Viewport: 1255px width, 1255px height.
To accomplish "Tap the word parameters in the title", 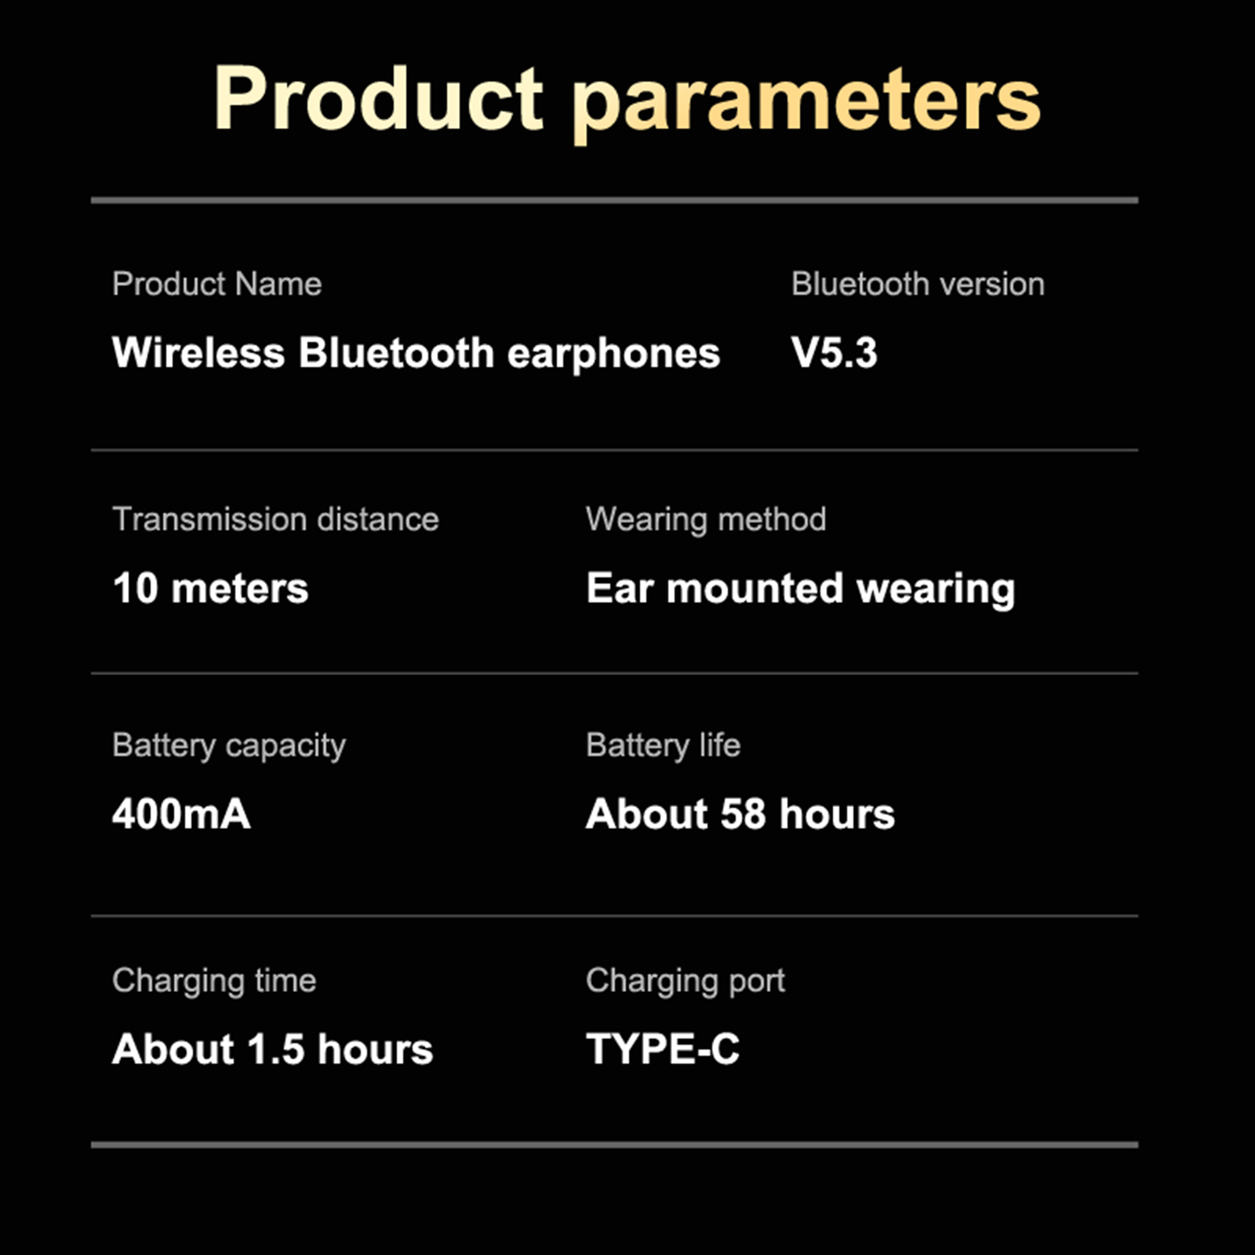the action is pos(806,105).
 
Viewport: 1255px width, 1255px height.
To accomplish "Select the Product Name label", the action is pos(216,284).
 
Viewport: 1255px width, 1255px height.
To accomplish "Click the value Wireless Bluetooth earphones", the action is pos(416,354).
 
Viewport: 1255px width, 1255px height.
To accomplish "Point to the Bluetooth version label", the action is pos(918,284).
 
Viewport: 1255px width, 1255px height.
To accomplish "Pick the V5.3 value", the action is pos(834,353).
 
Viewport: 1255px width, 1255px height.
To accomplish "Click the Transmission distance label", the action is pos(275,519).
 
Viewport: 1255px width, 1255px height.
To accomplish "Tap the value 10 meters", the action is pos(210,588).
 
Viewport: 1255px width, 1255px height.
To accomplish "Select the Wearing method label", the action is pos(706,520).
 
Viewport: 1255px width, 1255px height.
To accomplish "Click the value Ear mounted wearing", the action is pos(801,590).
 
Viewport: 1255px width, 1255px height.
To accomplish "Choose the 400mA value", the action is pos(181,814).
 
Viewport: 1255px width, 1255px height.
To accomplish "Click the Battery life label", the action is pos(663,746).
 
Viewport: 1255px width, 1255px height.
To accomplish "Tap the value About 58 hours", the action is pos(740,814).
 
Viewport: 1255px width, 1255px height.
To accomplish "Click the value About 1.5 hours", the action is pos(272,1049).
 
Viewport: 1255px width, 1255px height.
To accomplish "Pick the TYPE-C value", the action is pos(663,1049).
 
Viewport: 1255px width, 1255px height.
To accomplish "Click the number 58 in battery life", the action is pos(743,814).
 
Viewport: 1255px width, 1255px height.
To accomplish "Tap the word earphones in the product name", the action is pos(613,355).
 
